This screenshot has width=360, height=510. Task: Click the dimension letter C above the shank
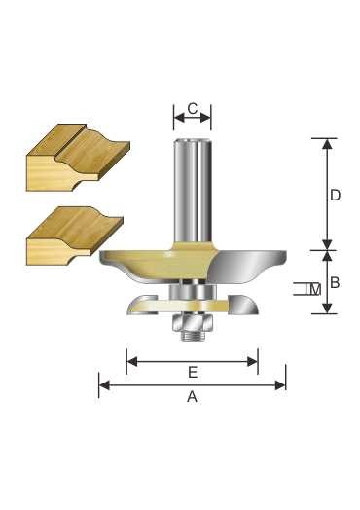tap(193, 109)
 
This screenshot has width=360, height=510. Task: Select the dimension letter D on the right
tap(335, 196)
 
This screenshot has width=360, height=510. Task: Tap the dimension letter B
tap(335, 282)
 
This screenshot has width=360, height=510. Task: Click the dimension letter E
tap(193, 372)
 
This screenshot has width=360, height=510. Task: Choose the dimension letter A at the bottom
tap(193, 397)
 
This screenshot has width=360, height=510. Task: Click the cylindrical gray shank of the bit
tap(193, 190)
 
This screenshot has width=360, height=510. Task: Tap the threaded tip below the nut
tap(193, 336)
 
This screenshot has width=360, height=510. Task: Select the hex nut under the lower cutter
tap(193, 322)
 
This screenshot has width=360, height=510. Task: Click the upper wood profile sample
tap(78, 157)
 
